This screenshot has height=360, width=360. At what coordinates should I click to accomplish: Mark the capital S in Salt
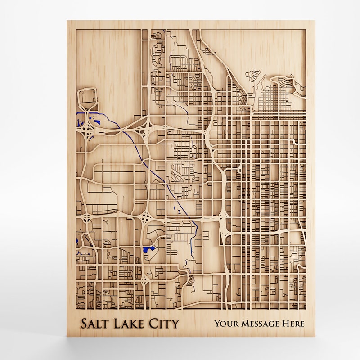(x=84, y=323)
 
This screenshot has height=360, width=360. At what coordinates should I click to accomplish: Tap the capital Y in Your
(x=217, y=323)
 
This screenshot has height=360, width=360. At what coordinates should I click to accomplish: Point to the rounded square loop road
(x=86, y=99)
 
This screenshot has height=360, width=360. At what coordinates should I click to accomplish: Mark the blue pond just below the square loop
(x=96, y=119)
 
